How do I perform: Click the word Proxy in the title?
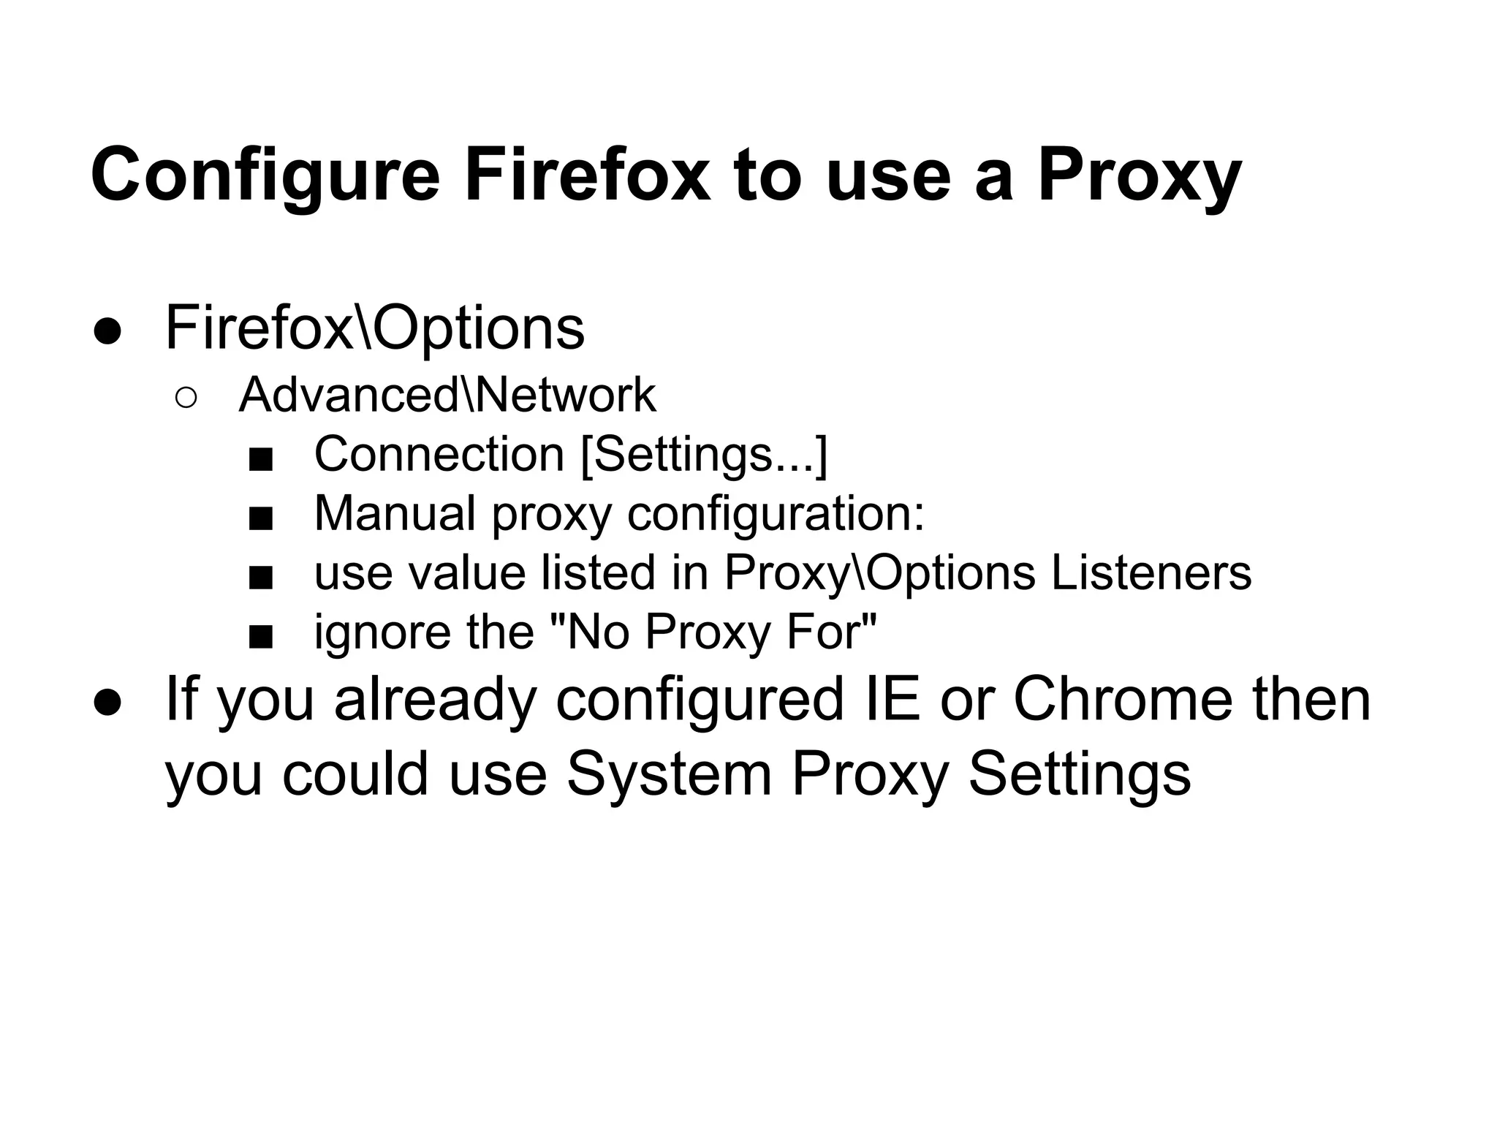1139,176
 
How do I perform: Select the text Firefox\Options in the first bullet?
375,328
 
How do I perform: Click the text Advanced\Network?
447,395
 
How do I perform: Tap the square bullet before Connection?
260,460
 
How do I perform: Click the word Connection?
439,454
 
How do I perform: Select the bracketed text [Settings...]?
704,455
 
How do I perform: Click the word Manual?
395,513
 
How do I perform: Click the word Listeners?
1151,572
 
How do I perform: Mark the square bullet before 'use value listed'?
260,578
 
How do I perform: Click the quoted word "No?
588,632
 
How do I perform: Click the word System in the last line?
669,774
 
